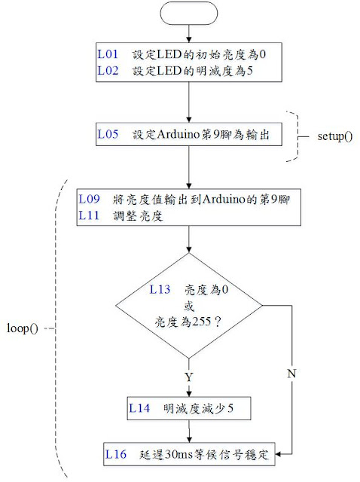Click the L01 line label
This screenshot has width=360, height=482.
[x=108, y=54]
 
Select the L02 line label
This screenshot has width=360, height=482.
[x=108, y=71]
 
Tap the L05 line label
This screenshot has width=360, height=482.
[x=108, y=134]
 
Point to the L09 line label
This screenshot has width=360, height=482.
[x=89, y=199]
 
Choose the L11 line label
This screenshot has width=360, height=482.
[x=89, y=215]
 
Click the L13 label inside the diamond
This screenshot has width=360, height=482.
[x=160, y=289]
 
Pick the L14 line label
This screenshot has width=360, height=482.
[x=139, y=408]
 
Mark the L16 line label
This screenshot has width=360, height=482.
[x=115, y=454]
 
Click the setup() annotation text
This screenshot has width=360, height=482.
[x=335, y=136]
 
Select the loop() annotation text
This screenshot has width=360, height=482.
[x=23, y=328]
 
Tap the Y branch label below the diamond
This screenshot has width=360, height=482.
[x=189, y=377]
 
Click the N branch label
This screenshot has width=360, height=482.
[x=291, y=374]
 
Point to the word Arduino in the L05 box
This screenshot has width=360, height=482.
[x=178, y=134]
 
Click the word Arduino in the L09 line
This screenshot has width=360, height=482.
[x=224, y=199]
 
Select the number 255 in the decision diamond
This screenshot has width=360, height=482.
[x=202, y=322]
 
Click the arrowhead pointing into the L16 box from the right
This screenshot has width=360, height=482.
[x=278, y=454]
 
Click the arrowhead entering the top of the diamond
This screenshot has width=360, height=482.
[x=189, y=249]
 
